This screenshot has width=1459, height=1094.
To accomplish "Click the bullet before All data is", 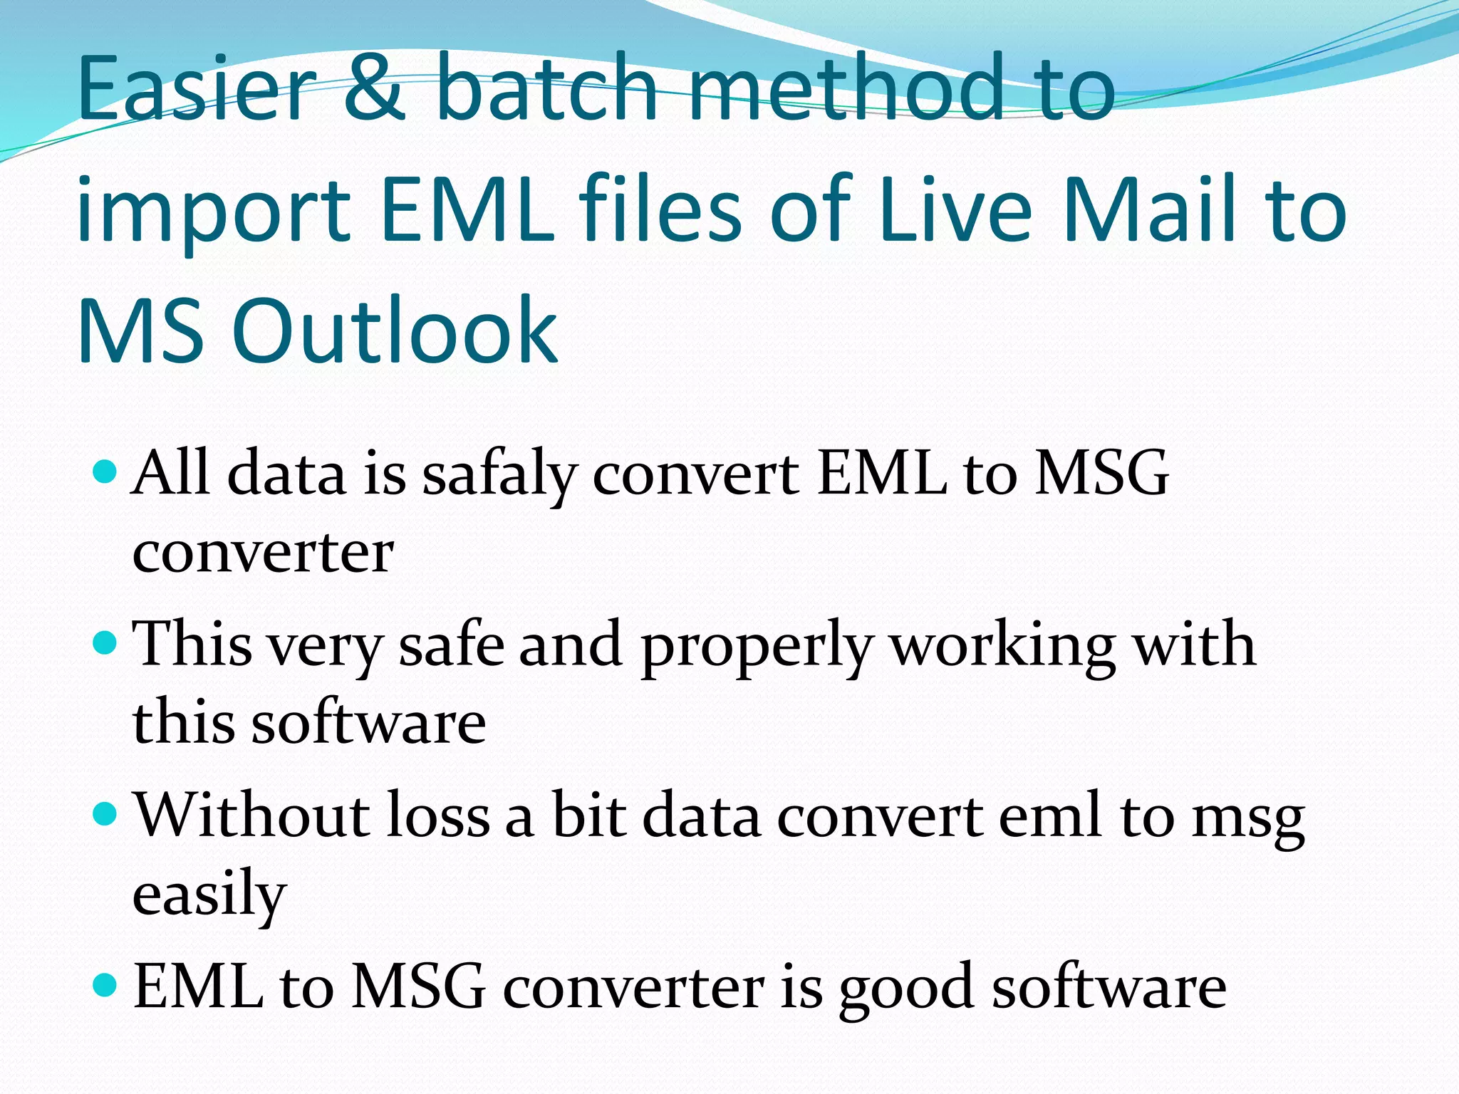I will (105, 472).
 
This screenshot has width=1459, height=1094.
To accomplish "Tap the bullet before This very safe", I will (105, 643).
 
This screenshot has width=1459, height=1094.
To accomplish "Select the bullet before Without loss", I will (105, 814).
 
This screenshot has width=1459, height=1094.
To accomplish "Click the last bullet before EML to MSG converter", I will (105, 985).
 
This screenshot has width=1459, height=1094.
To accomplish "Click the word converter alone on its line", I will (262, 552).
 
